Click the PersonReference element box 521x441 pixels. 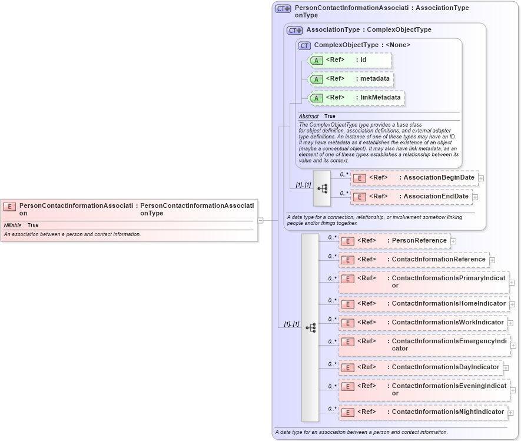point(394,241)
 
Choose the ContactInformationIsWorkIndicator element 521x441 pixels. point(423,323)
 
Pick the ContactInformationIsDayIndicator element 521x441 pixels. point(421,367)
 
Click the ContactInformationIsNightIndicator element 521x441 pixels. point(423,412)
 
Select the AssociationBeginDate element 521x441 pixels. point(414,178)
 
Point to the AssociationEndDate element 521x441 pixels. point(411,197)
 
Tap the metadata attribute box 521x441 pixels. point(350,79)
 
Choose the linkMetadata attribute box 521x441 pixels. point(356,98)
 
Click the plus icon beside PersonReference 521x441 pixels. point(453,241)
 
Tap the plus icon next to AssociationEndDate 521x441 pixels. point(475,197)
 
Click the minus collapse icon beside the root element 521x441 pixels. point(260,220)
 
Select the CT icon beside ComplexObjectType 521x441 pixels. point(304,45)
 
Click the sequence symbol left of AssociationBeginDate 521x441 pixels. point(322,188)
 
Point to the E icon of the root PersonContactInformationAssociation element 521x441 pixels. point(9,207)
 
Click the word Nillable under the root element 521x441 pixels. point(12,226)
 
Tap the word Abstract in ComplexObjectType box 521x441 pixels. point(308,117)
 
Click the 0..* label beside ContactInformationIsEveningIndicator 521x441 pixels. point(333,386)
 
